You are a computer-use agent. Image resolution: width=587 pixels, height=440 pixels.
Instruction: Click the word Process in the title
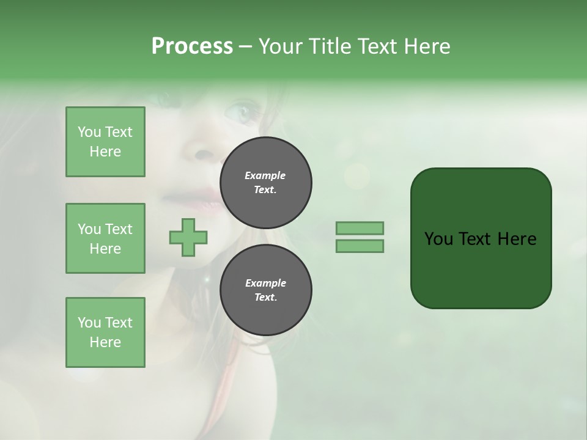tap(192, 46)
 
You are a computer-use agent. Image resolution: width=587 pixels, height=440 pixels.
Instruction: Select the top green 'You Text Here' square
tap(105, 142)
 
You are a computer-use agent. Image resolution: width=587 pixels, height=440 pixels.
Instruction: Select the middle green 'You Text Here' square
tap(105, 238)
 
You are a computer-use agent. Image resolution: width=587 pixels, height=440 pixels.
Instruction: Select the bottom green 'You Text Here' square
tap(105, 332)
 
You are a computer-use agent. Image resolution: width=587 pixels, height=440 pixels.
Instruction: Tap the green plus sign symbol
tap(188, 237)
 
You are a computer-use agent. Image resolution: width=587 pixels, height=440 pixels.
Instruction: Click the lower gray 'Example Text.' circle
tap(265, 290)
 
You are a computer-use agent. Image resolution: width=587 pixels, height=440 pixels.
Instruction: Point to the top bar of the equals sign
tap(360, 228)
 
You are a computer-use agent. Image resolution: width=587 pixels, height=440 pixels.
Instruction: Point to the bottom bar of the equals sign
tap(360, 246)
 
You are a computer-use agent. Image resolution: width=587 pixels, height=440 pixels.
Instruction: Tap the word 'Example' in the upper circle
tap(265, 175)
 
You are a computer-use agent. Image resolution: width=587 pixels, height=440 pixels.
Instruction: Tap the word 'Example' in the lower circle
tap(265, 283)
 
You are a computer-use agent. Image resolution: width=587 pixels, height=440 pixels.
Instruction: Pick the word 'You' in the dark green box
tap(438, 239)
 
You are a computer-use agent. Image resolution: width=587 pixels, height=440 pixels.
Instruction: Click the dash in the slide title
tap(245, 46)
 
